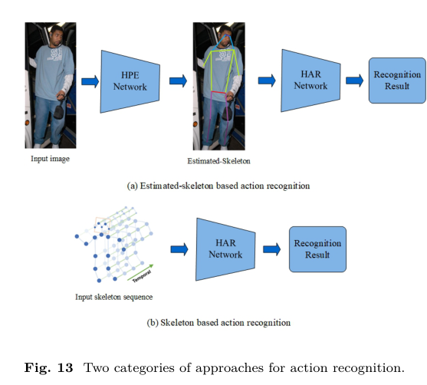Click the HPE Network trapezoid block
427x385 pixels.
click(x=129, y=81)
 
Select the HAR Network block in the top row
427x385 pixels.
click(x=310, y=81)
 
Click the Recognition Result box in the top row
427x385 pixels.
click(x=396, y=81)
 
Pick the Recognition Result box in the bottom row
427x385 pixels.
click(x=317, y=248)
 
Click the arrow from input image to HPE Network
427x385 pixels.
click(x=90, y=81)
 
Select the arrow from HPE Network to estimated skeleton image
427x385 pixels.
click(x=178, y=81)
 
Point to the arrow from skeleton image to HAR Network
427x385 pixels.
click(x=267, y=81)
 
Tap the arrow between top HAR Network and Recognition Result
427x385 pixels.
click(x=354, y=81)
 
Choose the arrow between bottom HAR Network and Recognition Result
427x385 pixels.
click(x=271, y=248)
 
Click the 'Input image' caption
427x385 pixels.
click(x=50, y=159)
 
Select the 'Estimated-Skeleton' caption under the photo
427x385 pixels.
click(x=218, y=162)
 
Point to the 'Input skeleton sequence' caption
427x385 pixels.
click(x=113, y=296)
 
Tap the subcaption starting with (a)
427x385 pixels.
click(x=218, y=186)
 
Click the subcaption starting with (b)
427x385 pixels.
click(x=218, y=323)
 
